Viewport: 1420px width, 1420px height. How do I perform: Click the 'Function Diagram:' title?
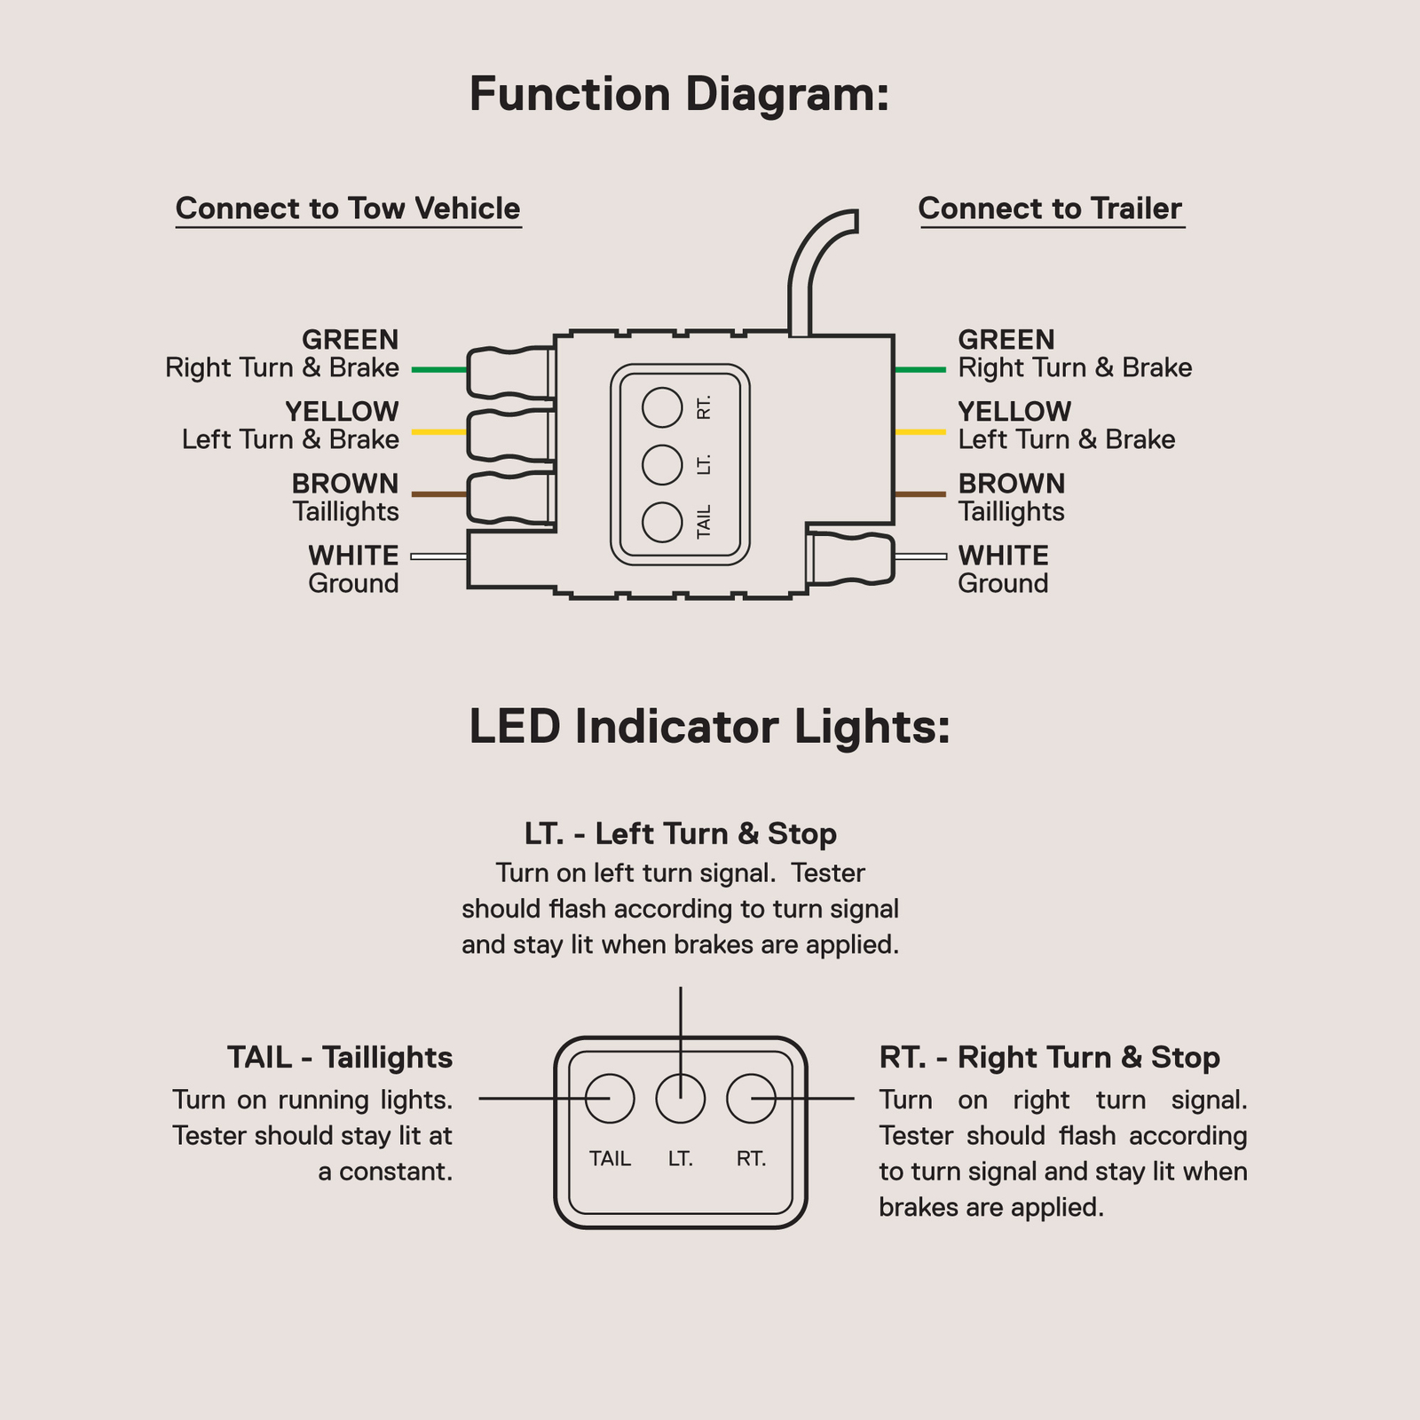[679, 95]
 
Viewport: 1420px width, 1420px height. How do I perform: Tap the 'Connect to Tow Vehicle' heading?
[348, 209]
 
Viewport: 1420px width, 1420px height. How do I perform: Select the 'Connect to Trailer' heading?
[1050, 209]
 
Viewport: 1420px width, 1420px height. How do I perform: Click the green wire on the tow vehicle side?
[439, 369]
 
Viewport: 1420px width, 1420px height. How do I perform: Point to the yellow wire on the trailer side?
[920, 432]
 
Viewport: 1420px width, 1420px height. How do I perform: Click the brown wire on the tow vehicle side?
[439, 494]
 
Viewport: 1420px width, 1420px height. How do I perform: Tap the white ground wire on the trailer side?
[921, 556]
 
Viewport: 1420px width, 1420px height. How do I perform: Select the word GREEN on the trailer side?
[1006, 340]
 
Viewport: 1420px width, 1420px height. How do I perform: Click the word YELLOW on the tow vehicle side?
[342, 412]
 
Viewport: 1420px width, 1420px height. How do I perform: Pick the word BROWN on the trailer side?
[1012, 484]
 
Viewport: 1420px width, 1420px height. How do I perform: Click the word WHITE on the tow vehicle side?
[353, 556]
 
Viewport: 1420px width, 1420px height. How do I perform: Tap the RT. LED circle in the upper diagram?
[662, 408]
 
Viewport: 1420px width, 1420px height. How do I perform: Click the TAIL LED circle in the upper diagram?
[662, 522]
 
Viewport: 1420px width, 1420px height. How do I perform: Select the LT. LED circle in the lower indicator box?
[681, 1099]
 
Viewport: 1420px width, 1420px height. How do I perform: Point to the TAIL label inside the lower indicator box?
[611, 1159]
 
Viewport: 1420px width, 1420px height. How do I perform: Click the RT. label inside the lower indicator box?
[751, 1159]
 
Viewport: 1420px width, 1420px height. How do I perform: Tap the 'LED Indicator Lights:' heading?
[709, 727]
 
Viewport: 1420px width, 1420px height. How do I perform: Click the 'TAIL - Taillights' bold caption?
[340, 1058]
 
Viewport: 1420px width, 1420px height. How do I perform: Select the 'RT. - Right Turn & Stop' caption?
[1049, 1058]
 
